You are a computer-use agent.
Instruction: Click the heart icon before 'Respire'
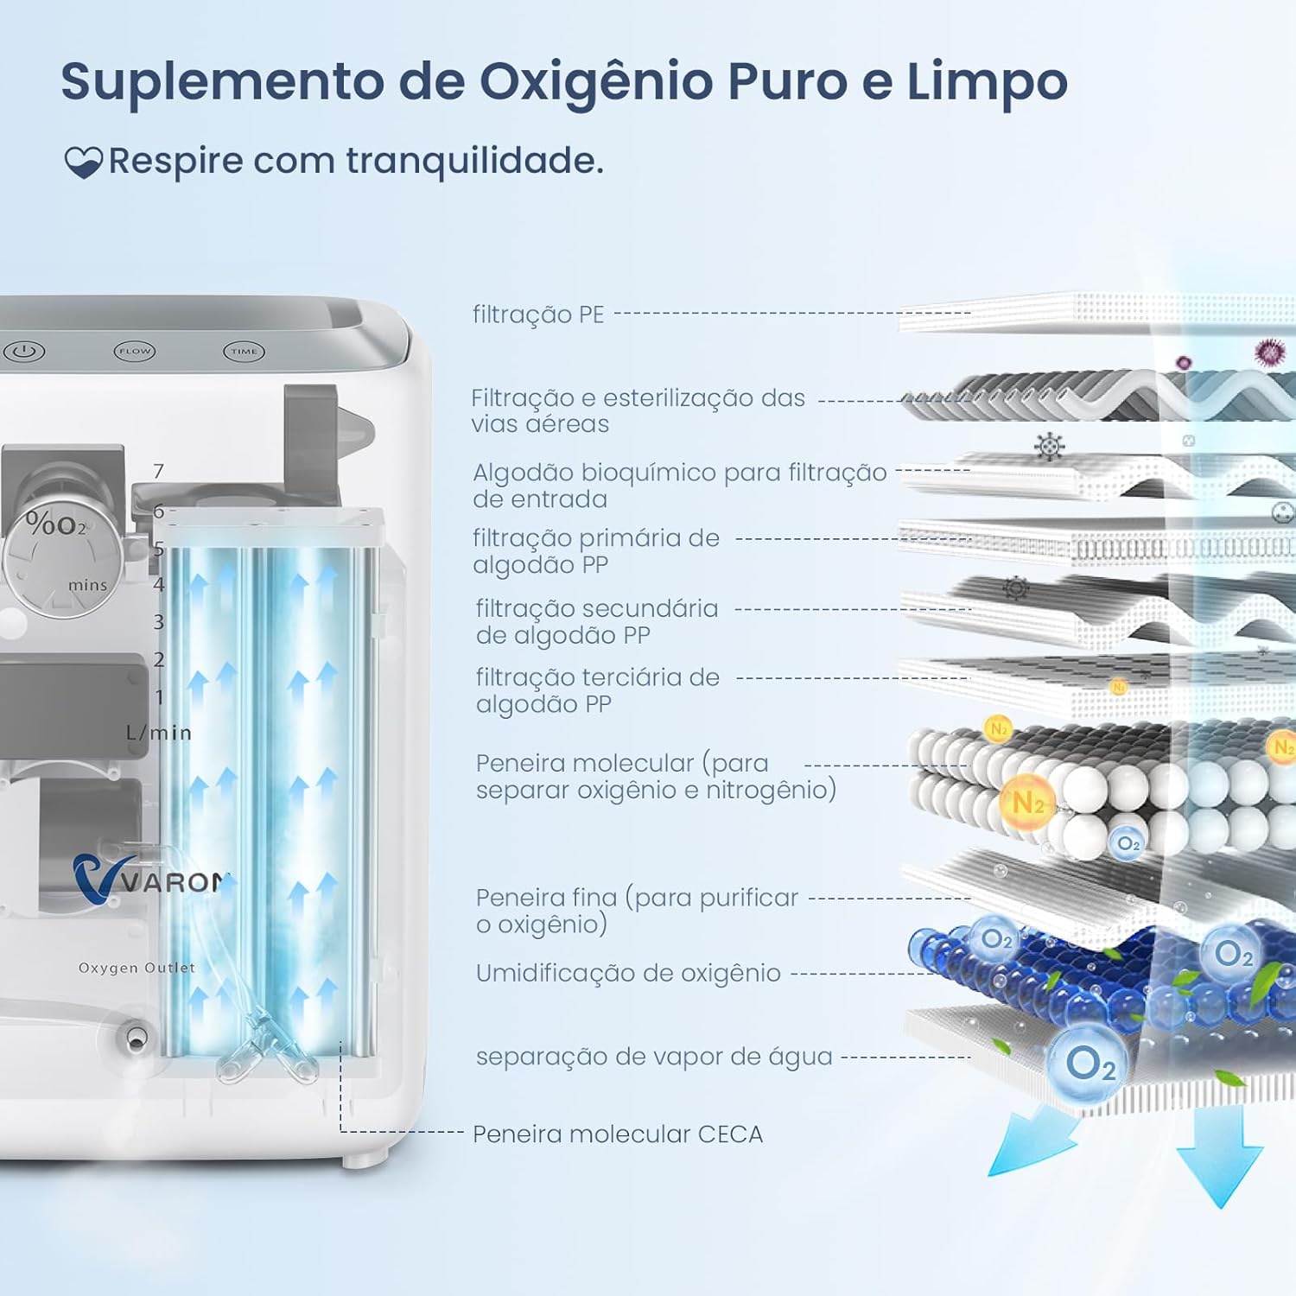(x=83, y=162)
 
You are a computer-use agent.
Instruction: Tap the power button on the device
(x=24, y=352)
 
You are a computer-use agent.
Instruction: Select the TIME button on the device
(x=244, y=352)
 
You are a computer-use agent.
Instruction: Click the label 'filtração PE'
(x=538, y=314)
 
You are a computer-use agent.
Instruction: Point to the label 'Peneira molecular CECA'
(x=618, y=1134)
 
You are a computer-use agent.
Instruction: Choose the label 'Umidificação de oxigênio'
(x=628, y=973)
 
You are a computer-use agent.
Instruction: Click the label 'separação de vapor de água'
(x=654, y=1057)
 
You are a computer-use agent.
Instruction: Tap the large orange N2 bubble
(x=1027, y=803)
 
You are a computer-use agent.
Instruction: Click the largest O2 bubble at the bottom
(x=1089, y=1064)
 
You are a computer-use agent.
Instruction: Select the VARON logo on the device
(x=151, y=879)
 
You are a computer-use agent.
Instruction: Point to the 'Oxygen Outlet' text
(x=137, y=968)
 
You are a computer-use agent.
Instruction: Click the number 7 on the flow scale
(x=158, y=472)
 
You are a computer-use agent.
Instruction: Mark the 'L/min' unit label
(x=158, y=733)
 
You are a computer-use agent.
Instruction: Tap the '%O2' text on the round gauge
(x=56, y=524)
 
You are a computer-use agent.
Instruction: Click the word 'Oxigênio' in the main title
(x=597, y=82)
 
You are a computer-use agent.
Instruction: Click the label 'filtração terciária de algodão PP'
(x=597, y=690)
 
